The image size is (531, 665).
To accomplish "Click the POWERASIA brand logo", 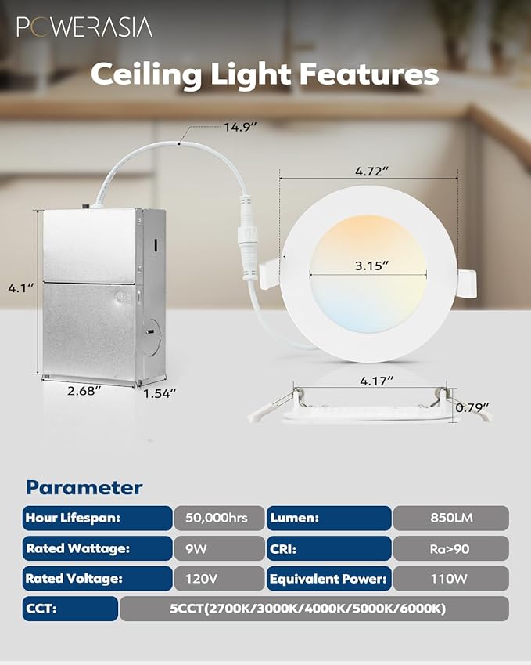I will coord(84,27).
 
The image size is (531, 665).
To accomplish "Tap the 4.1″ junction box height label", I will coord(20,287).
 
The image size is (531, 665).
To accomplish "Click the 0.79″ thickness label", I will coord(474,407).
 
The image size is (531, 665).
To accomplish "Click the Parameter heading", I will coord(84,488).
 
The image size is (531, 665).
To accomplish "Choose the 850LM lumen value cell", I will coord(450,518).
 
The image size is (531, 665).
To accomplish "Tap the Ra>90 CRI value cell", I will coord(450,548).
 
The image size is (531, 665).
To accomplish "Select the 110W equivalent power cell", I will coord(450,579).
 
